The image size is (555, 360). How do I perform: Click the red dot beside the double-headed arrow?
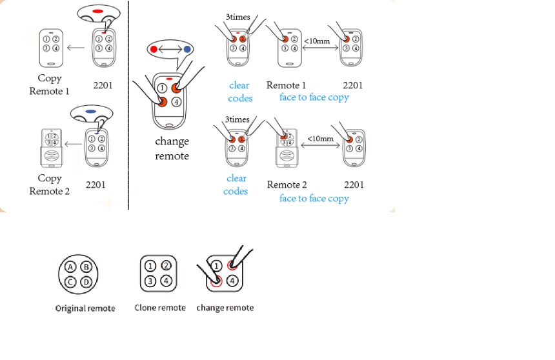(153, 49)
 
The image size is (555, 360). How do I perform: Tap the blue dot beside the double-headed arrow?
(187, 49)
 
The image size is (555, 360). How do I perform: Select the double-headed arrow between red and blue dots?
(170, 49)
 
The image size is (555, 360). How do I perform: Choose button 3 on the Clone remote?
(149, 281)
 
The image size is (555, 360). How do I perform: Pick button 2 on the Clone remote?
(166, 265)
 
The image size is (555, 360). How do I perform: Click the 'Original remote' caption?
(85, 308)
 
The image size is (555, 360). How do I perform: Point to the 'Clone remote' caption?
(160, 308)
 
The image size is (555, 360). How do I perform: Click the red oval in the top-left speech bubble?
(99, 12)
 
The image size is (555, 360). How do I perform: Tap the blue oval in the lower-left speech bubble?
(90, 112)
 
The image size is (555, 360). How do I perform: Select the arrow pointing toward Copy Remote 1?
(77, 46)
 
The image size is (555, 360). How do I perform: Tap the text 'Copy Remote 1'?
(49, 85)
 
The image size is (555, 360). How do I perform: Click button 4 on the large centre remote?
(177, 101)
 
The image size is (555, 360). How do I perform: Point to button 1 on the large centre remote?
(162, 88)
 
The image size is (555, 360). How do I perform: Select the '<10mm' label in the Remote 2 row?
(320, 139)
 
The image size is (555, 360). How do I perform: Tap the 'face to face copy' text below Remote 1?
(314, 97)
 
